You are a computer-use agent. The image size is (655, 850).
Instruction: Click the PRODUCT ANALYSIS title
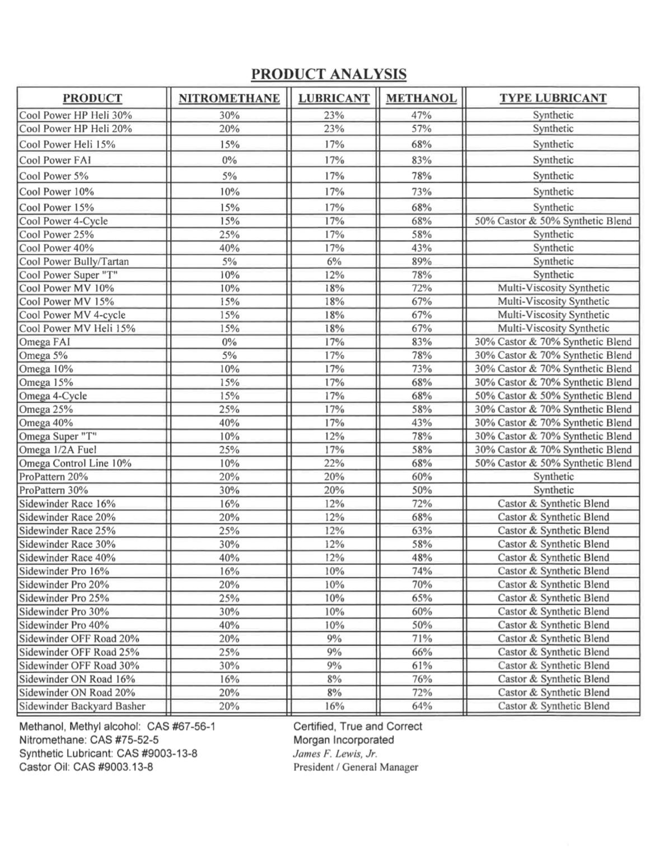pos(329,74)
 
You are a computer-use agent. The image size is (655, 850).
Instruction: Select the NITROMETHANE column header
pos(229,99)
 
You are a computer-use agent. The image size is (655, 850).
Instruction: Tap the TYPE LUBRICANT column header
pos(553,98)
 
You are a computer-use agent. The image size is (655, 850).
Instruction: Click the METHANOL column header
pos(421,99)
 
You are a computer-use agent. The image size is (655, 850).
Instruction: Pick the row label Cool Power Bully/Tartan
pos(74,262)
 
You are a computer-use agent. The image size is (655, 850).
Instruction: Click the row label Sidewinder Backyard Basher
pos(82,706)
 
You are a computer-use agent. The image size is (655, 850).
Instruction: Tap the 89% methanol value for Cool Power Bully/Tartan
pos(422,262)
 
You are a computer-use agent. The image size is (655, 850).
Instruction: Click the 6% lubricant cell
pos(334,262)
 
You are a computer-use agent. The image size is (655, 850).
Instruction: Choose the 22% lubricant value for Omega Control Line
pos(334,463)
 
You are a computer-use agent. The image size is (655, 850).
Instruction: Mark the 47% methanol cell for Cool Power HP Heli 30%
pos(422,115)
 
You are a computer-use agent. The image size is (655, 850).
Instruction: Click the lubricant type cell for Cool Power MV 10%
pos(553,288)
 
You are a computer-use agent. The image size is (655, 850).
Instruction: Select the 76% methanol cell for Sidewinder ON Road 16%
pos(422,679)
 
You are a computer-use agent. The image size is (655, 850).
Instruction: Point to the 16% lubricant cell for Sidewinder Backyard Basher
pos(334,706)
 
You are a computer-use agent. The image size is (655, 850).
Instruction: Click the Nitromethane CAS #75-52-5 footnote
pos(89,740)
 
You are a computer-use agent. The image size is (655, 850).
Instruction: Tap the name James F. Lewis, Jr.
pos(335,754)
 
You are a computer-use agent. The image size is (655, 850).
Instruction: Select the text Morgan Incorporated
pos(343,740)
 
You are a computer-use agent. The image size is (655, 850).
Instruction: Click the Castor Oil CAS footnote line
pos(86,767)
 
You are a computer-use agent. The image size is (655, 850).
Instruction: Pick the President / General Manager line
pos(355,767)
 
